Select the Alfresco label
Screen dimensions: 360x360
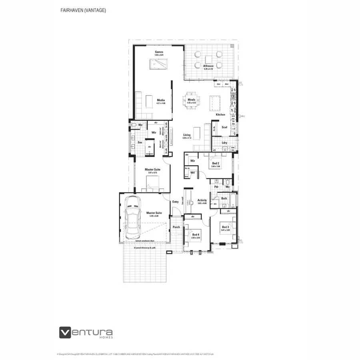[x=208, y=66]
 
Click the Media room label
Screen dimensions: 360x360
[x=161, y=100]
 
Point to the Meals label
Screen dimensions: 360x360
[x=191, y=100]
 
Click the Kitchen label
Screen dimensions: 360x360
[x=220, y=114]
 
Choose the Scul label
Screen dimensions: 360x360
[x=224, y=127]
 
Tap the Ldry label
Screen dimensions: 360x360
[x=224, y=142]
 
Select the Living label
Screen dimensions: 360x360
[x=187, y=135]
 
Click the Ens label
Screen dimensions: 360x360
[x=140, y=142]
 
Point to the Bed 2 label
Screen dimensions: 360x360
[x=216, y=163]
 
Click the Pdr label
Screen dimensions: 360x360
[x=216, y=187]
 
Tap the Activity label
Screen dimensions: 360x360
[x=202, y=200]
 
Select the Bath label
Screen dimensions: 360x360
[x=224, y=198]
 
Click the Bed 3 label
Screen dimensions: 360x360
[x=226, y=227]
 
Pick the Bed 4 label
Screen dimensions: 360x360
[x=196, y=234]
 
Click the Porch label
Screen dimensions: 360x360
[x=176, y=227]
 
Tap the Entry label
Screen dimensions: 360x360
[x=175, y=202]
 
